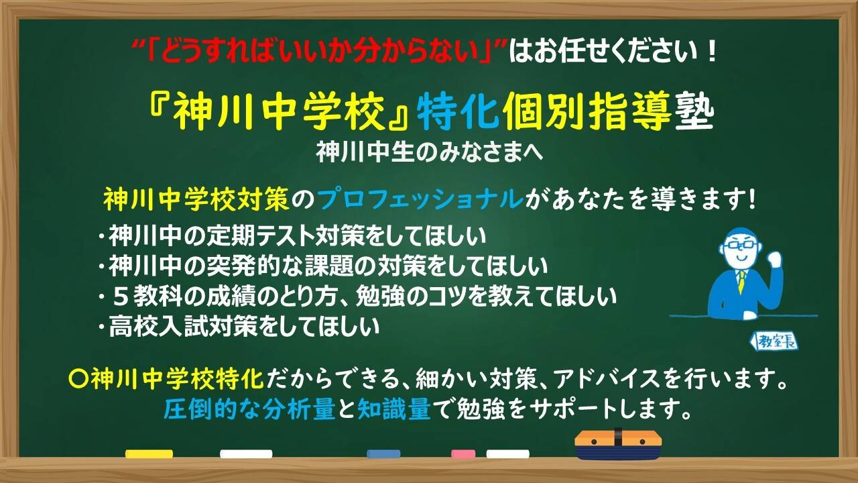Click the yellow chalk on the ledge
pos(149,454)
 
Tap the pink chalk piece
pos(463,454)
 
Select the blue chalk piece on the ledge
pos(383,454)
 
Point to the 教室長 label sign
pos(773,341)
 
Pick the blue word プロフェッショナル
pos(420,199)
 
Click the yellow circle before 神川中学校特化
pos(78,379)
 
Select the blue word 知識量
pos(395,410)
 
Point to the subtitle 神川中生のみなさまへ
pos(430,152)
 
